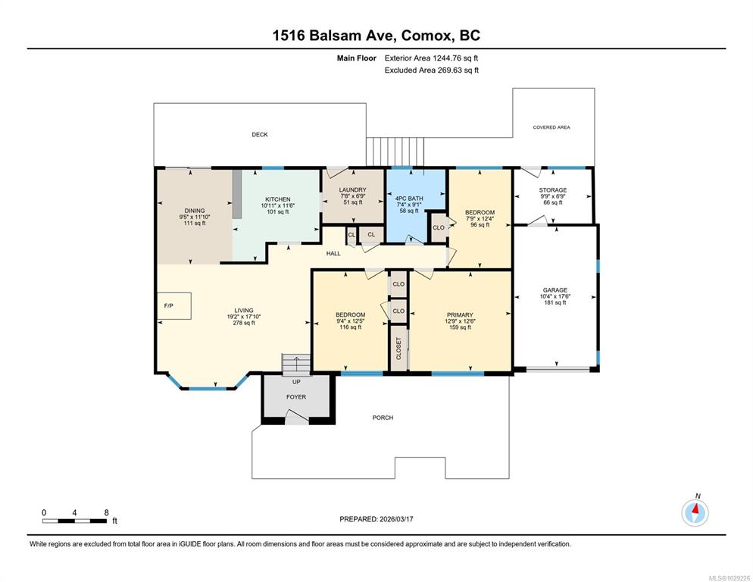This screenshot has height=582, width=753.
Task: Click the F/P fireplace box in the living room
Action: [x=173, y=305]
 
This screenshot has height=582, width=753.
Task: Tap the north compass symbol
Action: [x=695, y=513]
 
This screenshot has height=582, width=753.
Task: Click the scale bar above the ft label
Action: [x=74, y=521]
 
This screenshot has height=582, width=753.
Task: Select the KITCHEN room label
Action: [x=277, y=199]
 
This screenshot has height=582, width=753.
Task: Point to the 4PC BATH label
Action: [x=409, y=199]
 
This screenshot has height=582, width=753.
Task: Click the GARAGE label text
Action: [x=555, y=290]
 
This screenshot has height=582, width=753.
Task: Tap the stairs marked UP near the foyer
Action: [x=296, y=365]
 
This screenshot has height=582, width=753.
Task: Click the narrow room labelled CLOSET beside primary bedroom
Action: [x=398, y=348]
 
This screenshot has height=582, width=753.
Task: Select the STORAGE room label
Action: [x=553, y=190]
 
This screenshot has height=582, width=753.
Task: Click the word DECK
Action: [x=260, y=135]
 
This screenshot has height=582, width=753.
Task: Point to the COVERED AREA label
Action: [x=551, y=127]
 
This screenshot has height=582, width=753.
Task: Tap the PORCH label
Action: [x=383, y=418]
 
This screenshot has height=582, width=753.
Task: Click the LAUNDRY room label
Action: [x=352, y=190]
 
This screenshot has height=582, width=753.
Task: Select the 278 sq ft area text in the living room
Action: [x=244, y=323]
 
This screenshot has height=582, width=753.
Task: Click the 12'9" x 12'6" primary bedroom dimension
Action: [x=460, y=321]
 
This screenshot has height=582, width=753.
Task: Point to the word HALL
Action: [x=333, y=254]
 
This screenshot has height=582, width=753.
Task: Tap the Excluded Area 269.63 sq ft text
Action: [x=432, y=70]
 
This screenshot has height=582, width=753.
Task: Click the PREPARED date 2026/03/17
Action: [x=396, y=519]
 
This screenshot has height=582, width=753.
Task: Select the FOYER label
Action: [x=295, y=397]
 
